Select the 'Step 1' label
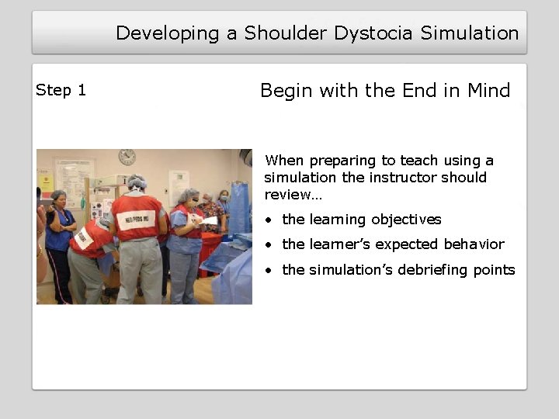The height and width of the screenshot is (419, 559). (x=61, y=90)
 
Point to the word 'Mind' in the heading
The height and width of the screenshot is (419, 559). (x=488, y=91)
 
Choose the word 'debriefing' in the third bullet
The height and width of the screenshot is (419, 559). (x=432, y=270)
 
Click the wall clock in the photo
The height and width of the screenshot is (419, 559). (x=127, y=157)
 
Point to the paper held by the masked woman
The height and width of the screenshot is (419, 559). (x=210, y=220)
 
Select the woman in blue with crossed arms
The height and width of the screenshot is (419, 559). (x=59, y=233)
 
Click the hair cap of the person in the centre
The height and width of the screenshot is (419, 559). (x=137, y=182)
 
